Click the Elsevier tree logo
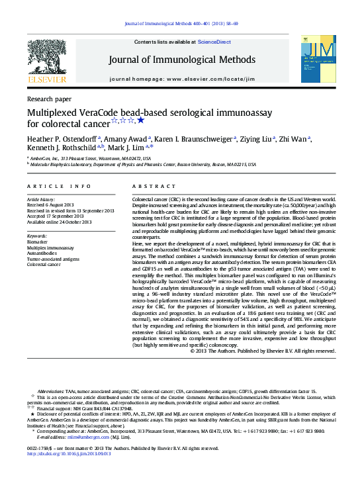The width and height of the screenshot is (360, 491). tap(46, 59)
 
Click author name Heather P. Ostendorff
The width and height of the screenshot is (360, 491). tap(62, 138)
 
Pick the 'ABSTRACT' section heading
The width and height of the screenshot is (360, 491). tap(154, 187)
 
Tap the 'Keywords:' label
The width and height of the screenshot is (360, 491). tap(37, 236)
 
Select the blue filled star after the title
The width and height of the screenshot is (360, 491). tap(140, 120)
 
